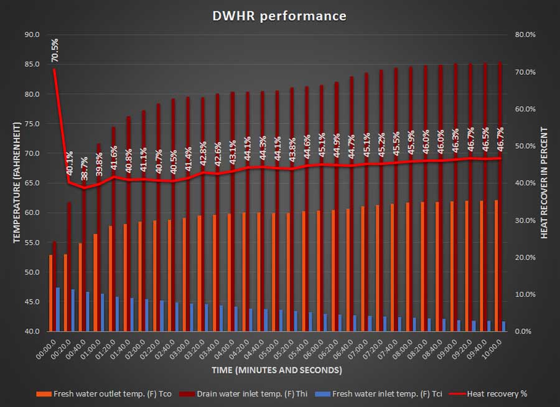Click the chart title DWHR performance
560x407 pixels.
tap(279, 16)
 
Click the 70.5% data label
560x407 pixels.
tap(55, 50)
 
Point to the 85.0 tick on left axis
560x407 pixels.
tap(32, 64)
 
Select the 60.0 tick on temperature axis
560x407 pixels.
tap(32, 213)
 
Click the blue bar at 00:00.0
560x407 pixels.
tap(58, 309)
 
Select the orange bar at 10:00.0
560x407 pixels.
tap(497, 266)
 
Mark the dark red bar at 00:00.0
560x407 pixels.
tap(54, 286)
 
